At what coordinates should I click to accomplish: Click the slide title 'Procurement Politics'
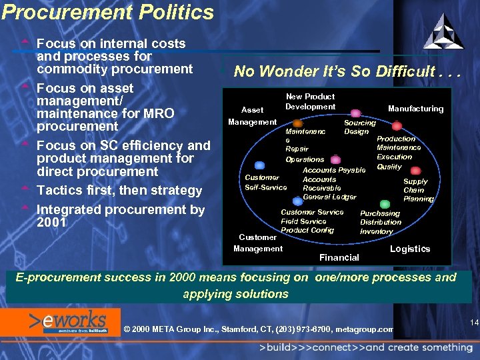(x=107, y=12)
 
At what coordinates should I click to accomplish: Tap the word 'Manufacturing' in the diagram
(x=415, y=109)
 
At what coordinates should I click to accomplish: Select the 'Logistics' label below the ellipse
(x=409, y=249)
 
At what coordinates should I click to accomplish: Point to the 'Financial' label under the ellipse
(x=339, y=257)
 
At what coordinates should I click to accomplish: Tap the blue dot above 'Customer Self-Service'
(x=261, y=167)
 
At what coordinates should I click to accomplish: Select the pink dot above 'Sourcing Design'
(x=356, y=113)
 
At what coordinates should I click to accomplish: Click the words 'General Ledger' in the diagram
(x=329, y=197)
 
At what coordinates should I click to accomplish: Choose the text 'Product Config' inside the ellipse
(x=307, y=230)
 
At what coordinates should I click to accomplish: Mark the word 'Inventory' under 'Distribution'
(x=377, y=231)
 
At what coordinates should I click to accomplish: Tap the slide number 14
(x=474, y=323)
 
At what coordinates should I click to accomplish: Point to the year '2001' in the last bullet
(x=52, y=223)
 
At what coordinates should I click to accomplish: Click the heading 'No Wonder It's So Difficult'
(x=342, y=71)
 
